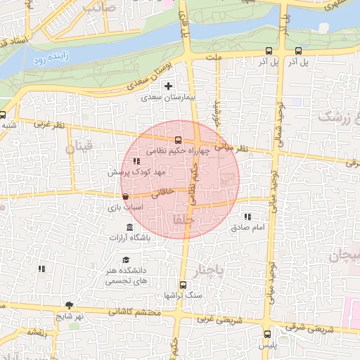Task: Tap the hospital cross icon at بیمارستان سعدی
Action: coord(168,86)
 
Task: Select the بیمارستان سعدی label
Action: coord(167,98)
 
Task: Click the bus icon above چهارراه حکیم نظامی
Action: coord(178,139)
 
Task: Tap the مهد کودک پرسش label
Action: coord(136,172)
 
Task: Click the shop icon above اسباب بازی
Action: coord(125,197)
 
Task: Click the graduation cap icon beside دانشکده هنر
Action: coord(125,260)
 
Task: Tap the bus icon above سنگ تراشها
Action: coord(184,285)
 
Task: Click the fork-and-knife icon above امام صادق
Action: coord(247,217)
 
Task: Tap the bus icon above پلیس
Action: coord(267,335)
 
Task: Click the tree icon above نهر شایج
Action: coord(70,305)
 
